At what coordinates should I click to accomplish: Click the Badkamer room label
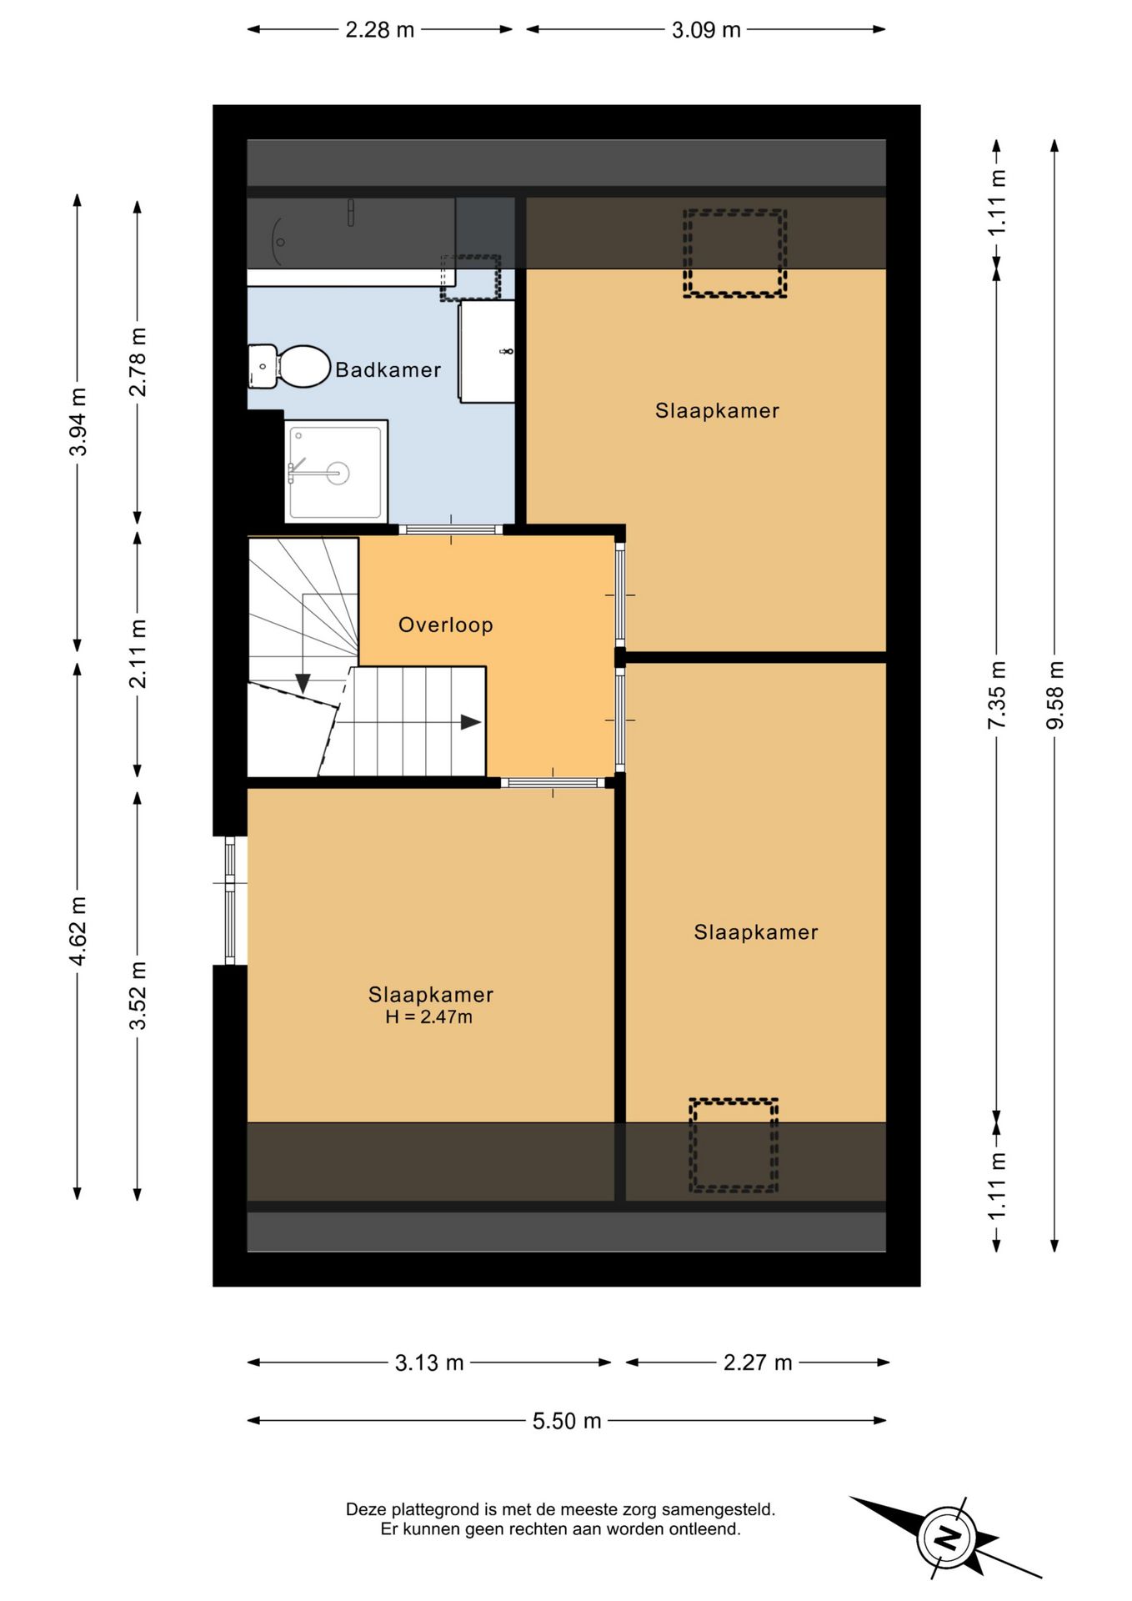388,369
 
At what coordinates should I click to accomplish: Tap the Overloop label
446,625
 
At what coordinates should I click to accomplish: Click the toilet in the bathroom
289,367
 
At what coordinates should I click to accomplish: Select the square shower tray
336,472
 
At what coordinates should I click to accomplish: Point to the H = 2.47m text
428,1016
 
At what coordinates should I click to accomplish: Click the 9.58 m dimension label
1055,695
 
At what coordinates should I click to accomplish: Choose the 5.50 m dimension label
567,1421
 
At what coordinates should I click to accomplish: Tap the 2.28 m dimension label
380,30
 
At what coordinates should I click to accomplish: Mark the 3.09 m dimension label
706,30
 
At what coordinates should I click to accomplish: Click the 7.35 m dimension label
997,695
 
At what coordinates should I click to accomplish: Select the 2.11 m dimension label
138,654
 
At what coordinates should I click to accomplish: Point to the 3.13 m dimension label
429,1363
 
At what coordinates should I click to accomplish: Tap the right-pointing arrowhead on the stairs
471,722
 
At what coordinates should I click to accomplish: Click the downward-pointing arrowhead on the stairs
303,683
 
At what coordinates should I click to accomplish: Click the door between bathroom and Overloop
451,529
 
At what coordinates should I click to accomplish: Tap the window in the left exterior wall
230,901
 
